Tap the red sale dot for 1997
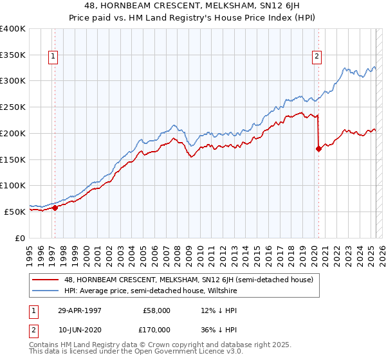[x=55, y=208]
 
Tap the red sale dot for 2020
[x=318, y=148]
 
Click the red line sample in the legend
[x=47, y=280]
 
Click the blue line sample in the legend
[x=47, y=291]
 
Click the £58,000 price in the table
[x=156, y=310]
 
